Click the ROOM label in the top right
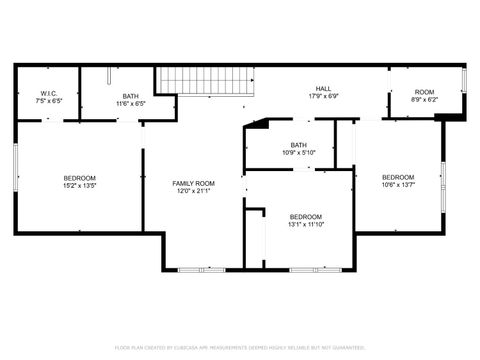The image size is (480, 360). (424, 92)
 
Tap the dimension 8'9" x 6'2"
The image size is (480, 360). (424, 100)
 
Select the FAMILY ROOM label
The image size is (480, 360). (193, 184)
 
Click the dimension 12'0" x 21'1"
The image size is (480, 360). (193, 192)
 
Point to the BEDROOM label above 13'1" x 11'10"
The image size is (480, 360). (306, 217)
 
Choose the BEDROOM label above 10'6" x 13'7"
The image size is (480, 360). (398, 177)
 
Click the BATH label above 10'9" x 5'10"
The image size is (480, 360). (299, 144)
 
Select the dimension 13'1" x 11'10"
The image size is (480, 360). (306, 225)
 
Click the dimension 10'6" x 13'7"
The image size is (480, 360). (398, 185)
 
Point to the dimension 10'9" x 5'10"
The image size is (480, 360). (299, 152)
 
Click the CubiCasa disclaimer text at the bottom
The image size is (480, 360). (240, 347)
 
